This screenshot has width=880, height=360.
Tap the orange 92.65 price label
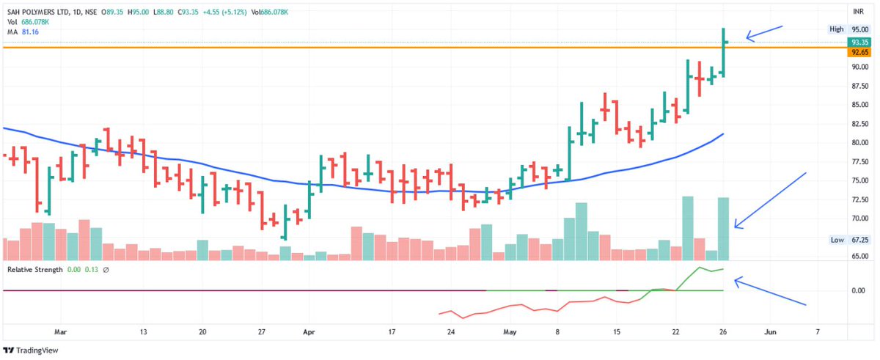coord(859,53)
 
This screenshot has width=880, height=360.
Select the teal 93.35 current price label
coord(859,43)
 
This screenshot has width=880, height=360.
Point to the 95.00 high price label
coord(859,29)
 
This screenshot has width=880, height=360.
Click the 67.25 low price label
coord(859,240)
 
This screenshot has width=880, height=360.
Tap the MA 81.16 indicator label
coord(23,32)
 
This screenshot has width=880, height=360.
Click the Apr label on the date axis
coord(309,331)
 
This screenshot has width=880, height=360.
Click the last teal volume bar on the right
coord(723,229)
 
